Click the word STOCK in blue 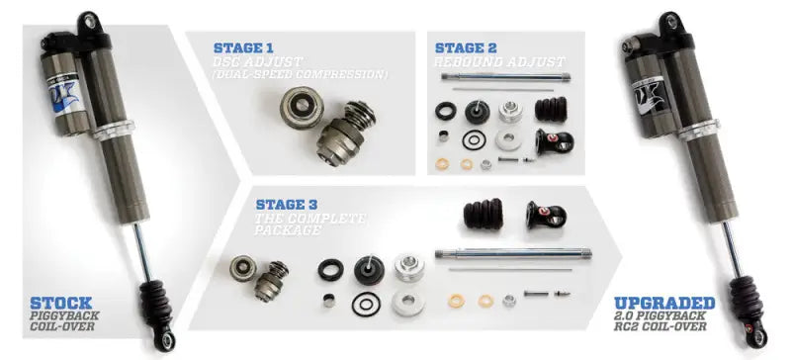[61, 302]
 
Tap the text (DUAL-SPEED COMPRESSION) [301, 74]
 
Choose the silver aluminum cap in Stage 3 [409, 266]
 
